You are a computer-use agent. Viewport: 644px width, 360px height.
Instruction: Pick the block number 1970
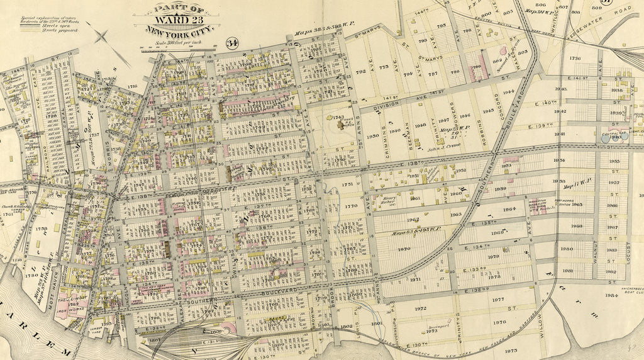click(404, 249)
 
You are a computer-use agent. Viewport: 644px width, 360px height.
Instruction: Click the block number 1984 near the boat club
click(611, 295)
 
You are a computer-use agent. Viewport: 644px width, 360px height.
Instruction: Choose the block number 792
click(360, 72)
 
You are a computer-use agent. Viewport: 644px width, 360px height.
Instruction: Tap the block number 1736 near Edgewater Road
click(574, 58)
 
